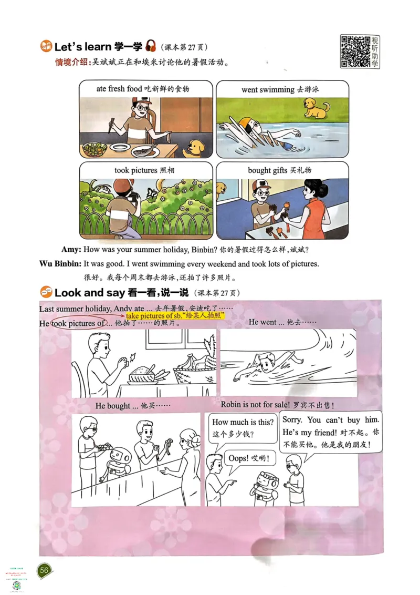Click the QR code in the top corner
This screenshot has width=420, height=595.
(354, 51)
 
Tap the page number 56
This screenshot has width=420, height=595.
(45, 570)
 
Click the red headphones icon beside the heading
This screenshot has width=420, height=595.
(151, 46)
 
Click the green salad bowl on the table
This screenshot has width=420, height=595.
(94, 149)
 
